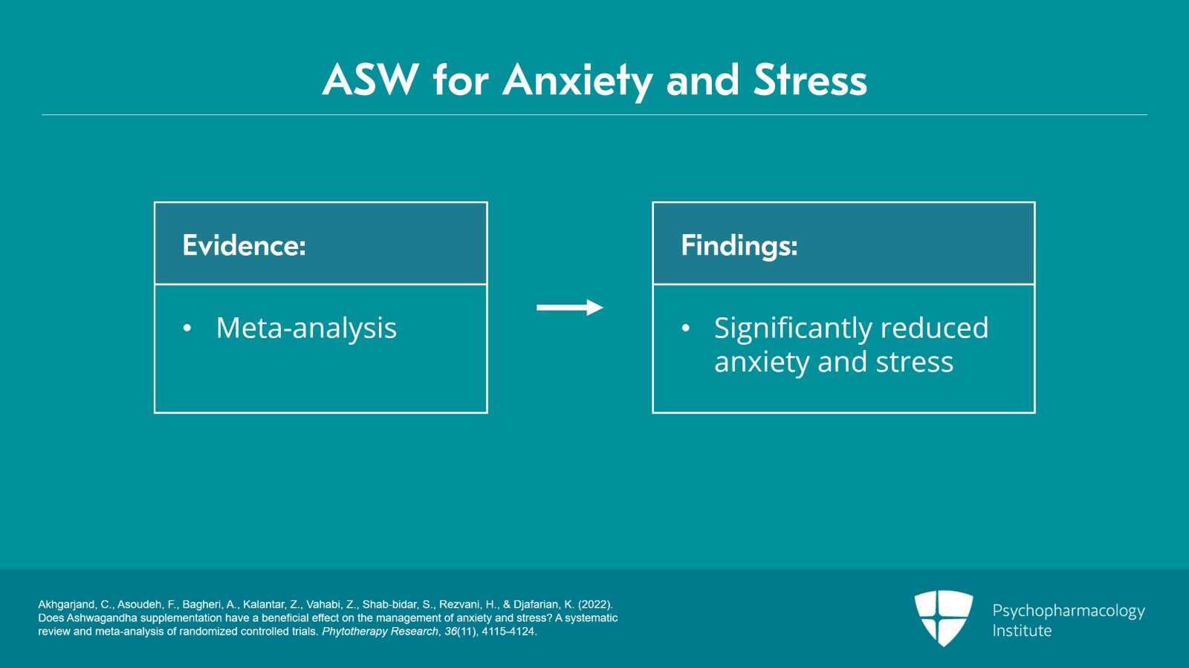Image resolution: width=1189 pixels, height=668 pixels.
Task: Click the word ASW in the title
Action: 370,80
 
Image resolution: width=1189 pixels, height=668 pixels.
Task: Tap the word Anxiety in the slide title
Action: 577,80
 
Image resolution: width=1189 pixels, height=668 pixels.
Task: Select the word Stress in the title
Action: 810,80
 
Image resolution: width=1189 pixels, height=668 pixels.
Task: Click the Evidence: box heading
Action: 244,245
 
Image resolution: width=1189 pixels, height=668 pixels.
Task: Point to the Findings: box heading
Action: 739,245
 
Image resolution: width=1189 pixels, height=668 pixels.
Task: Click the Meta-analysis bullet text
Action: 306,328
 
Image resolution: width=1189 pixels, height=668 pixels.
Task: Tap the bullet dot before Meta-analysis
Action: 187,328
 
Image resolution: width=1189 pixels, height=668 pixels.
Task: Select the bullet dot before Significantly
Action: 685,328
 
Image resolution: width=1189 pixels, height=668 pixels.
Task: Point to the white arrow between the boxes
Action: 569,307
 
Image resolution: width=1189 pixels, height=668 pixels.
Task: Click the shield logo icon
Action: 943,617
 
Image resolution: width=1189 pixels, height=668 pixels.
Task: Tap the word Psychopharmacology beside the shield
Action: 1068,611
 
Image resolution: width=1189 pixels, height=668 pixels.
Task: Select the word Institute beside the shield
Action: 1022,631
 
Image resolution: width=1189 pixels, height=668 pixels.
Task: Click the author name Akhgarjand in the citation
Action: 66,605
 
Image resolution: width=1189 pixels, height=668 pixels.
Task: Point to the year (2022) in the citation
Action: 594,605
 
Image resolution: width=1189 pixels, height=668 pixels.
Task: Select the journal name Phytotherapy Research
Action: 380,632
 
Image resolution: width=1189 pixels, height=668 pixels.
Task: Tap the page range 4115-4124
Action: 508,632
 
